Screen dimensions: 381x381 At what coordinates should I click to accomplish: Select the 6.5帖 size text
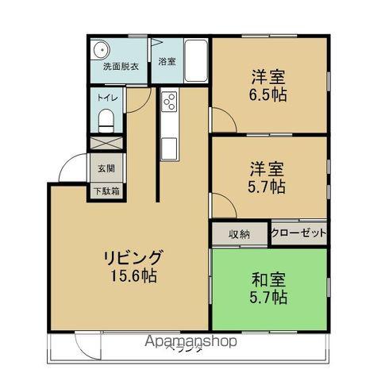coord(268,94)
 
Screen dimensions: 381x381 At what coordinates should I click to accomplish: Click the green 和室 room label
coord(268,280)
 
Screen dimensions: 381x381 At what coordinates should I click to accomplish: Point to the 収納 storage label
coord(240,234)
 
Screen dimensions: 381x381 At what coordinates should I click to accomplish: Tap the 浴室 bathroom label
coord(167,61)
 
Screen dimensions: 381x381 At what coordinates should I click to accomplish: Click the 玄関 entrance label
coord(106,168)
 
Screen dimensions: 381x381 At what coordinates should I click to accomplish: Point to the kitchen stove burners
coord(169,101)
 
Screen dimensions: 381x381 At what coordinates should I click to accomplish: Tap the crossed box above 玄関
coord(106,144)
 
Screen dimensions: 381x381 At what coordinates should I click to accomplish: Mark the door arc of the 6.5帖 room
coord(223,117)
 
